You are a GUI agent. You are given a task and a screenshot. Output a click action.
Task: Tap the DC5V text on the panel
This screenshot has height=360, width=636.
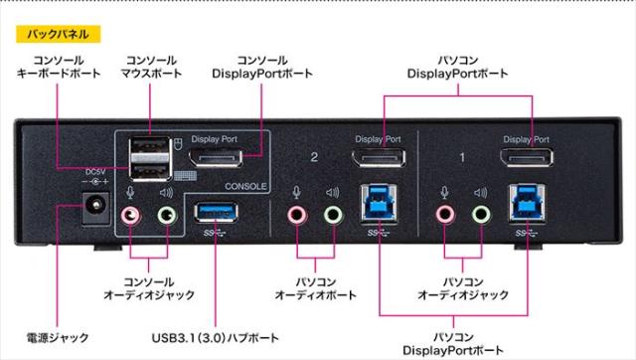96,169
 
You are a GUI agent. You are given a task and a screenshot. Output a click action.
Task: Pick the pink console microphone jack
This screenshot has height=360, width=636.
130,213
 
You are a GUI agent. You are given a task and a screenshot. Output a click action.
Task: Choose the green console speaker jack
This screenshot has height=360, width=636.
166,213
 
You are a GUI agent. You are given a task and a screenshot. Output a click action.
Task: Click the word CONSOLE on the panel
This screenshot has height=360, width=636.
245,185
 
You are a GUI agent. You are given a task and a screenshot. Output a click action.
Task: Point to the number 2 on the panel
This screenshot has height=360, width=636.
314,157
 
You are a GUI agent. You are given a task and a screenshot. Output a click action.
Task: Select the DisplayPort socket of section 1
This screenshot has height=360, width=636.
527,160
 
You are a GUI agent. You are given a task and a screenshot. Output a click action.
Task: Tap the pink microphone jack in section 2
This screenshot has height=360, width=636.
296,213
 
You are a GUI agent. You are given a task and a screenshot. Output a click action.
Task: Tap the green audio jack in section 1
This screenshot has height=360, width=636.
481,213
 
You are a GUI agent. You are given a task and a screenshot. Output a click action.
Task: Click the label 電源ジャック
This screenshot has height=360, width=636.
61,336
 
